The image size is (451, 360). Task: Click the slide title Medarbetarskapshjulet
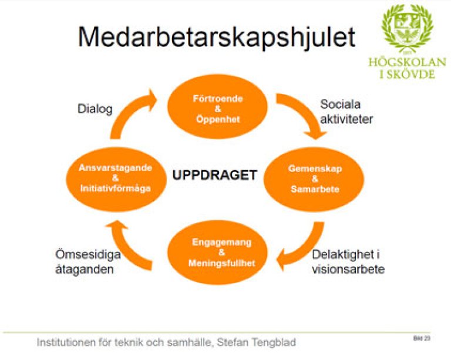(x=217, y=36)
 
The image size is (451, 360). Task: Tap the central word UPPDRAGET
(x=214, y=176)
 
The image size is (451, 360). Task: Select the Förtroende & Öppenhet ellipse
(x=218, y=106)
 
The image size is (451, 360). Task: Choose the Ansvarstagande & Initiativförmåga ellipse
(x=115, y=179)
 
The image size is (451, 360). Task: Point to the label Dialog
(x=95, y=109)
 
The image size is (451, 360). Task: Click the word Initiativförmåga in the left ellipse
(x=115, y=189)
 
